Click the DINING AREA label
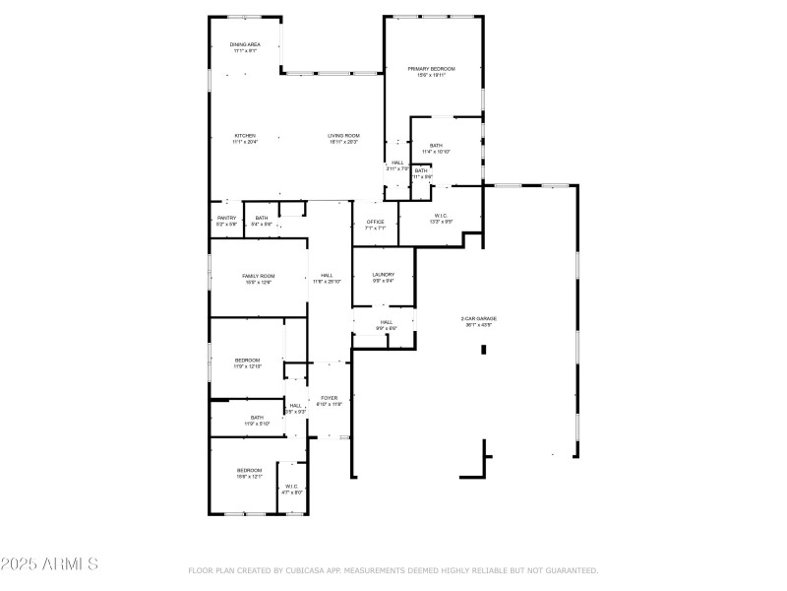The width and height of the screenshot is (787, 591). tap(245, 45)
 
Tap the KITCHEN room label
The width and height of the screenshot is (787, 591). tap(245, 136)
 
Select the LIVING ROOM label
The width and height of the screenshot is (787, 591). tap(343, 136)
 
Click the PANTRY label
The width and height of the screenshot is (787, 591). tap(227, 219)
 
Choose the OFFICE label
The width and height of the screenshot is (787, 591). tap(375, 223)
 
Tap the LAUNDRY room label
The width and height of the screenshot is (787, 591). tap(384, 275)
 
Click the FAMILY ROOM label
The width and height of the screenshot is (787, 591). tap(259, 277)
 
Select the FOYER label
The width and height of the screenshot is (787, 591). tap(329, 398)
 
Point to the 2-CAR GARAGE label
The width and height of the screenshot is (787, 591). tap(479, 319)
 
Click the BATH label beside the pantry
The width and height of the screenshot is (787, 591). tap(261, 219)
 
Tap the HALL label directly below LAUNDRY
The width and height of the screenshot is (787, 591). tap(387, 322)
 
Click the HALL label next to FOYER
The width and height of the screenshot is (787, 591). tap(295, 406)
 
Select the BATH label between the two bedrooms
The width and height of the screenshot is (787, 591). tap(257, 418)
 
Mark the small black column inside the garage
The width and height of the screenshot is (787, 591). tap(483, 349)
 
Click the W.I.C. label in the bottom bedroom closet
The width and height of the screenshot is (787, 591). tap(291, 487)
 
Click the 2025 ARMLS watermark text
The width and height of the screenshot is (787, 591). tap(49, 564)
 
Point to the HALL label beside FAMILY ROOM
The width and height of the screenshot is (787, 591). tap(327, 277)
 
